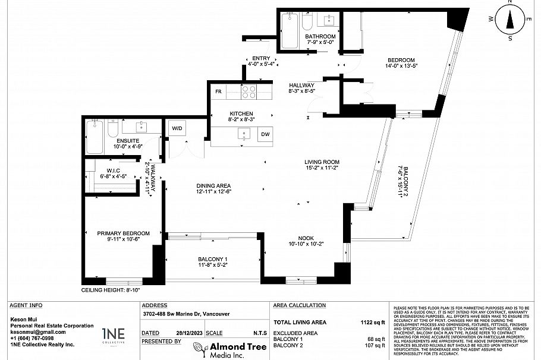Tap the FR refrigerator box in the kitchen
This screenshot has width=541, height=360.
click(x=218, y=92)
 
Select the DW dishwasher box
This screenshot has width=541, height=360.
click(x=265, y=135)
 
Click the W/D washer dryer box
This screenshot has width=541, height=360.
click(x=177, y=128)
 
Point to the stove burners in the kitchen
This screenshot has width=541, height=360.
click(x=249, y=92)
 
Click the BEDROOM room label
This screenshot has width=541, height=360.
click(x=401, y=60)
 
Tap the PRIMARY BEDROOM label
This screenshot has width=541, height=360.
click(x=124, y=233)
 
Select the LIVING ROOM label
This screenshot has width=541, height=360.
click(x=322, y=162)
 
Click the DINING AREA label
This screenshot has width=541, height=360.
click(x=213, y=185)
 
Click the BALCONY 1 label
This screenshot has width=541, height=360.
click(x=213, y=259)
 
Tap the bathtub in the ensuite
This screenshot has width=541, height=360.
click(x=95, y=137)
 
